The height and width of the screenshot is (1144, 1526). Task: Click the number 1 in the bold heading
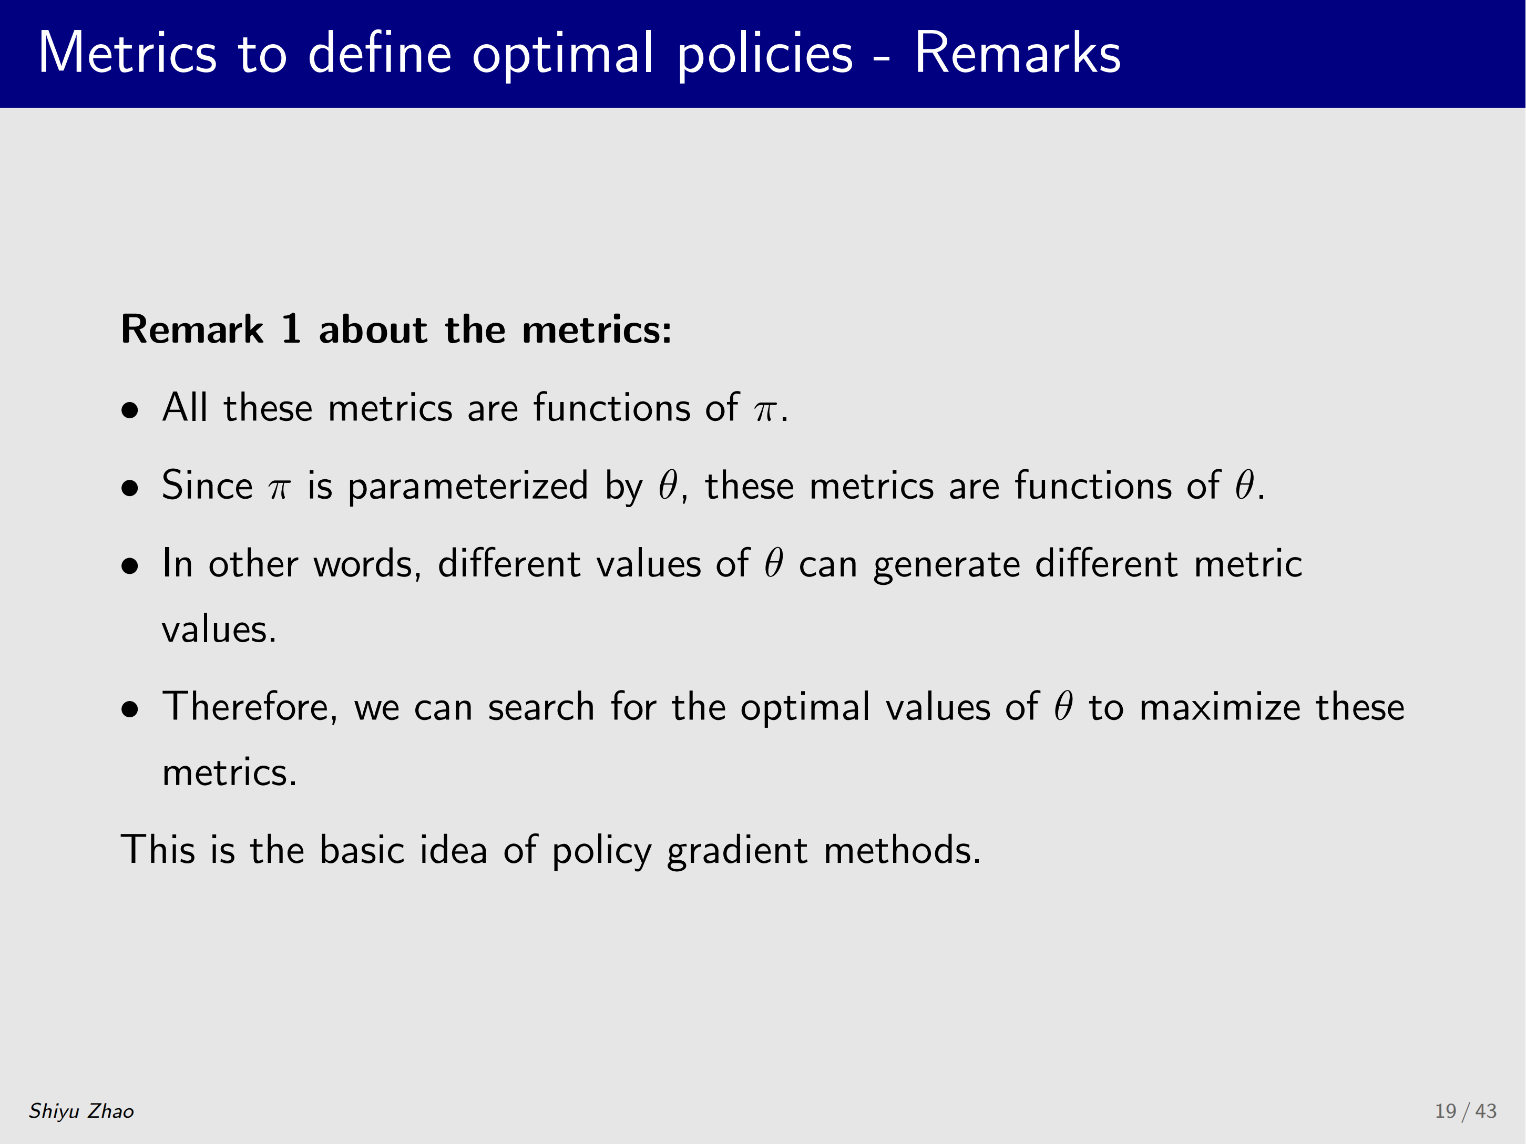[291, 328]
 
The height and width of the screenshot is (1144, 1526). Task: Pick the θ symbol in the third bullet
[774, 562]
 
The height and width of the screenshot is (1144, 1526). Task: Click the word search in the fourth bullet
[541, 707]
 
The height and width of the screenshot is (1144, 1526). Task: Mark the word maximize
[1220, 707]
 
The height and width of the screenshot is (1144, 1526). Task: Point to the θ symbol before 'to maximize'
[1064, 705]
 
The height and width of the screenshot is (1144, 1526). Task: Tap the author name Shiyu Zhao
[81, 1111]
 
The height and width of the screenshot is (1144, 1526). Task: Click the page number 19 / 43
[1466, 1111]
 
